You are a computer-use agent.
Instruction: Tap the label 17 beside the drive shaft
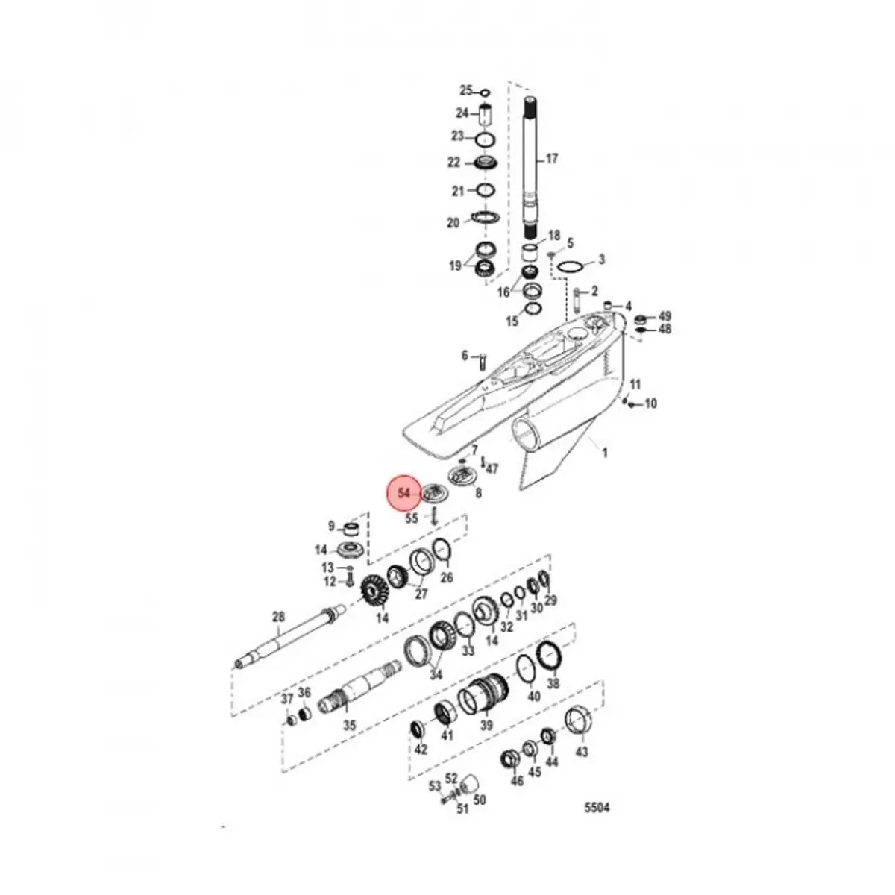point(552,159)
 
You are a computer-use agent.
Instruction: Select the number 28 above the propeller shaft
point(278,617)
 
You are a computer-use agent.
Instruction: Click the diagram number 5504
point(596,808)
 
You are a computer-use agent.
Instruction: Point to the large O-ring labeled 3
point(572,268)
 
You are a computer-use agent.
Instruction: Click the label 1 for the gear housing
point(605,452)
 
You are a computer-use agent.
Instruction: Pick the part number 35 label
point(349,725)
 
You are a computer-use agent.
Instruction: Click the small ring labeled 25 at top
point(484,92)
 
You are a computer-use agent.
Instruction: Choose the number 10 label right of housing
point(650,403)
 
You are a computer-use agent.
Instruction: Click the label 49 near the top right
point(665,315)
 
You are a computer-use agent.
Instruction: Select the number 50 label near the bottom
point(480,800)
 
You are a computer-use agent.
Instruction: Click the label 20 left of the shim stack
point(453,223)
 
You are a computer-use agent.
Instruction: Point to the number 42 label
point(421,750)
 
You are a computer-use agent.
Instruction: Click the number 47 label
point(492,469)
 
